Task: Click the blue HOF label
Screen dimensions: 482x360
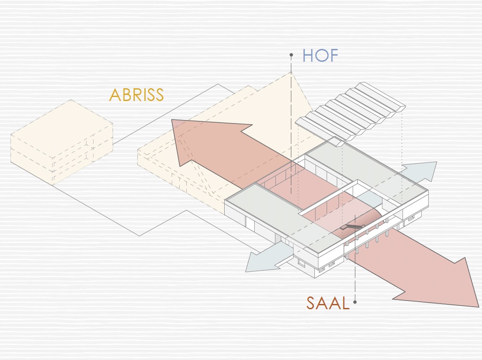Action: [x=320, y=56]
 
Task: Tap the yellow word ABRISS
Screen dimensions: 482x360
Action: [x=136, y=95]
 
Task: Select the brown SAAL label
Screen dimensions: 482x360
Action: [x=328, y=303]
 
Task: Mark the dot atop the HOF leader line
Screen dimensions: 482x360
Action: [x=291, y=56]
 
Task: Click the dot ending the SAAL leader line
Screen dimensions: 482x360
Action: [x=355, y=303]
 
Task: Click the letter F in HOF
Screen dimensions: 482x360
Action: [x=333, y=56]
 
